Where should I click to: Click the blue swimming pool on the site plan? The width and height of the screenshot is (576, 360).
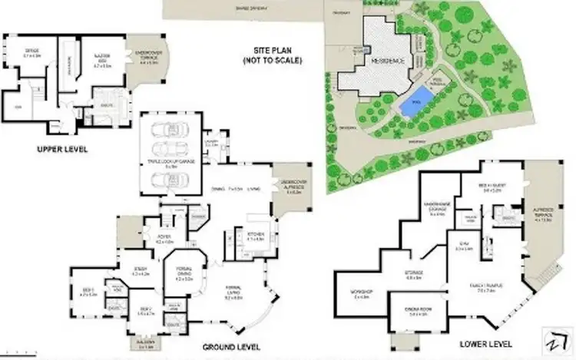point(412,107)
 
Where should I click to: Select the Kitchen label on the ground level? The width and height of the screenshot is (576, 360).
point(255,236)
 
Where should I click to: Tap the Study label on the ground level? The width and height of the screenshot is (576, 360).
point(140,270)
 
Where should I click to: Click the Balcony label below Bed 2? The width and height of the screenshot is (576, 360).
point(147,347)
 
